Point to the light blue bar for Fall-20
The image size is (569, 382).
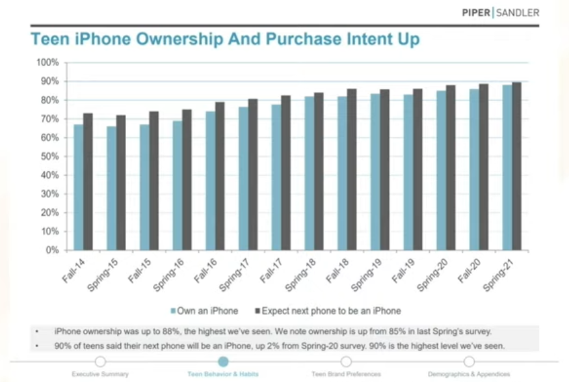[x=473, y=169]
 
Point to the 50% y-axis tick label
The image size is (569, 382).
[x=50, y=156]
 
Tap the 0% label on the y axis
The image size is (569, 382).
[x=53, y=250]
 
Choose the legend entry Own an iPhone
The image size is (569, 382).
[x=205, y=310]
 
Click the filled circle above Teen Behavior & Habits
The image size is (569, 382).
[x=223, y=362]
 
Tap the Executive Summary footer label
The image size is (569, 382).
[x=100, y=374]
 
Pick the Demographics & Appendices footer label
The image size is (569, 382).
[x=468, y=374]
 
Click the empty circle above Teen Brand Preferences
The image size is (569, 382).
[x=346, y=362]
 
